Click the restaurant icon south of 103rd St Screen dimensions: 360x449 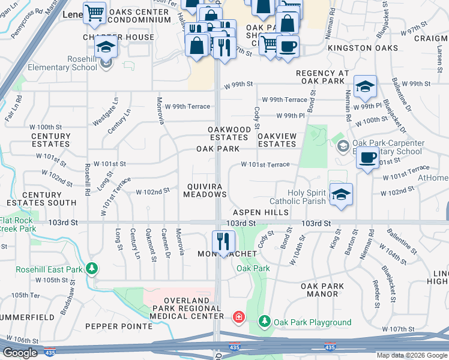(x=223, y=242)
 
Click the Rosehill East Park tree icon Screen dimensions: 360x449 (x=91, y=268)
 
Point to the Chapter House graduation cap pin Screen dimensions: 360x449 (x=106, y=49)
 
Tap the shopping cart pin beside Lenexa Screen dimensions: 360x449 (x=94, y=13)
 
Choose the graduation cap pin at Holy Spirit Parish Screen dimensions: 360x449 (x=341, y=195)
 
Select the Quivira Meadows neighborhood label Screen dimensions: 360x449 (x=205, y=190)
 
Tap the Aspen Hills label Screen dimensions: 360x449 (x=265, y=212)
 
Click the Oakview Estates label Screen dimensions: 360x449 (x=277, y=140)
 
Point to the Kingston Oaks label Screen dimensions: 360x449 (x=362, y=47)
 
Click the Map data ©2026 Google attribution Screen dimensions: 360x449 (x=411, y=355)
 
